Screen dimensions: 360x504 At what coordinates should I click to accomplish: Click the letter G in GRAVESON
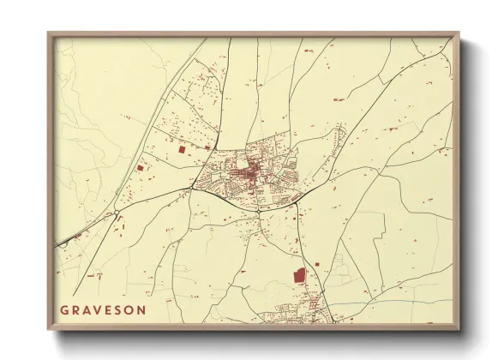tap(64, 309)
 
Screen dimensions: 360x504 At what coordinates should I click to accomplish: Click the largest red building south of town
tap(299, 276)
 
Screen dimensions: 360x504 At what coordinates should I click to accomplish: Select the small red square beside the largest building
tap(315, 264)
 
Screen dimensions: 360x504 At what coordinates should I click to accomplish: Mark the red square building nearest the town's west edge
tap(181, 150)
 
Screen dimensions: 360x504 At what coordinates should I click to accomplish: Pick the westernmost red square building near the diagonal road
tap(140, 168)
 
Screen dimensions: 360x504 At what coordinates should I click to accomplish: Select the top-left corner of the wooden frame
tap(49, 34)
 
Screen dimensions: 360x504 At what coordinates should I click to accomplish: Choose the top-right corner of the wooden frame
tap(458, 34)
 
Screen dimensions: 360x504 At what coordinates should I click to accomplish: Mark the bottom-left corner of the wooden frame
tap(49, 329)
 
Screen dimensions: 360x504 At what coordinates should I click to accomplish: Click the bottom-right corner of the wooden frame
tap(458, 329)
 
